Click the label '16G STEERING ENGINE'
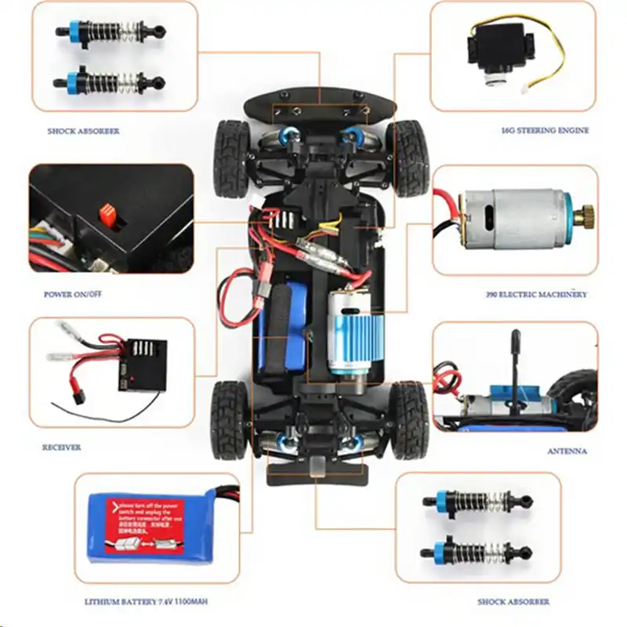[544, 131]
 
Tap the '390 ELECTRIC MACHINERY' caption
[536, 295]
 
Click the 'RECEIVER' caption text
[62, 448]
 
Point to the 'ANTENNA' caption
[567, 451]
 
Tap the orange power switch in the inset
[108, 213]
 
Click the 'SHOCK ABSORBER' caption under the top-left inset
[82, 131]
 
